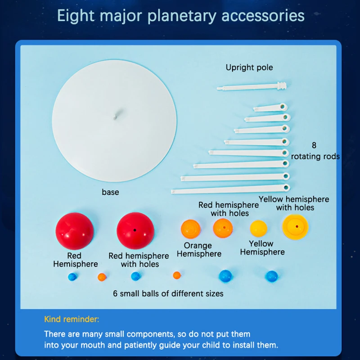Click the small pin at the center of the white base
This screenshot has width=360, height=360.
click(115, 116)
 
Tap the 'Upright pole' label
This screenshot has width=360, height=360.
click(249, 67)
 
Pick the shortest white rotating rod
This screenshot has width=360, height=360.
click(270, 108)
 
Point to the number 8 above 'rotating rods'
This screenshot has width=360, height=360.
click(314, 145)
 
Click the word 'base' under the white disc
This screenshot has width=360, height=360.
click(110, 192)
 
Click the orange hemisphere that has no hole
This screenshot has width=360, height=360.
click(190, 229)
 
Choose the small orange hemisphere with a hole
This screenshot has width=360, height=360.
click(223, 228)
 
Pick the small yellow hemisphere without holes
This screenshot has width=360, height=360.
click(258, 229)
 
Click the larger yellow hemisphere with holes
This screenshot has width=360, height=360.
click(295, 227)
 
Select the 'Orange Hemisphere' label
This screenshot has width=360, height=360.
click(198, 250)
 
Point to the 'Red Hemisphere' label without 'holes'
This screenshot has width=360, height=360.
click(75, 260)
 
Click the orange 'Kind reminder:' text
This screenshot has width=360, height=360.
click(72, 319)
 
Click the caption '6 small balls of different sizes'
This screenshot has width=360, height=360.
click(168, 293)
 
